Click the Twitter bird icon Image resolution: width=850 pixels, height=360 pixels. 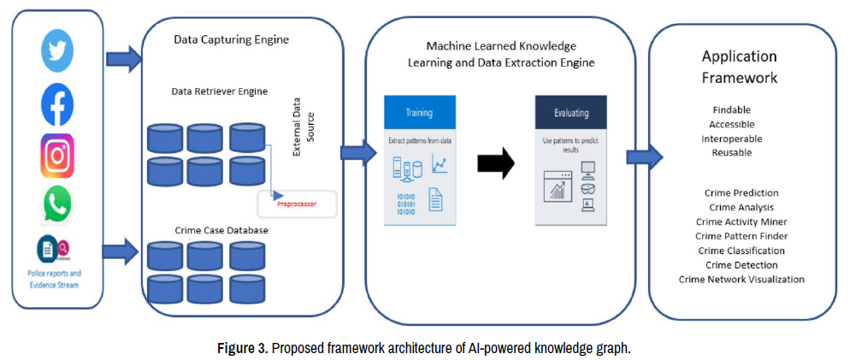pos(57,50)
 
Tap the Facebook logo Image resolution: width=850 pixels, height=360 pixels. pos(57,104)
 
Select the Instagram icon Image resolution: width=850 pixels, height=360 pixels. pos(57,156)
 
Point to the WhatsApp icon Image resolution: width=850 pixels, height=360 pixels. pos(57,205)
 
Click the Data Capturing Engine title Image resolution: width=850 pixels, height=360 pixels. pos(231,39)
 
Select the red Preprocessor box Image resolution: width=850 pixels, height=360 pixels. pos(297,204)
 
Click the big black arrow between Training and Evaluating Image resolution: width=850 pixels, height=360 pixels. pos(494,162)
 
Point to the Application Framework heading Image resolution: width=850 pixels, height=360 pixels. pos(740,67)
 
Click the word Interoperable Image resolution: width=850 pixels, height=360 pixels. pos(731,139)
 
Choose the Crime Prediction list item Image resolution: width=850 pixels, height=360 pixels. pos(741,193)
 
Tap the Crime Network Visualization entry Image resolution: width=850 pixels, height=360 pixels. pos(741,280)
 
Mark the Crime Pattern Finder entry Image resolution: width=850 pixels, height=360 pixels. pos(741,236)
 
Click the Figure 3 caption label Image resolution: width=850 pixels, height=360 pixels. pos(248,349)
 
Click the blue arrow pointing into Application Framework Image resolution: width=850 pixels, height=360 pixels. pos(643,156)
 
